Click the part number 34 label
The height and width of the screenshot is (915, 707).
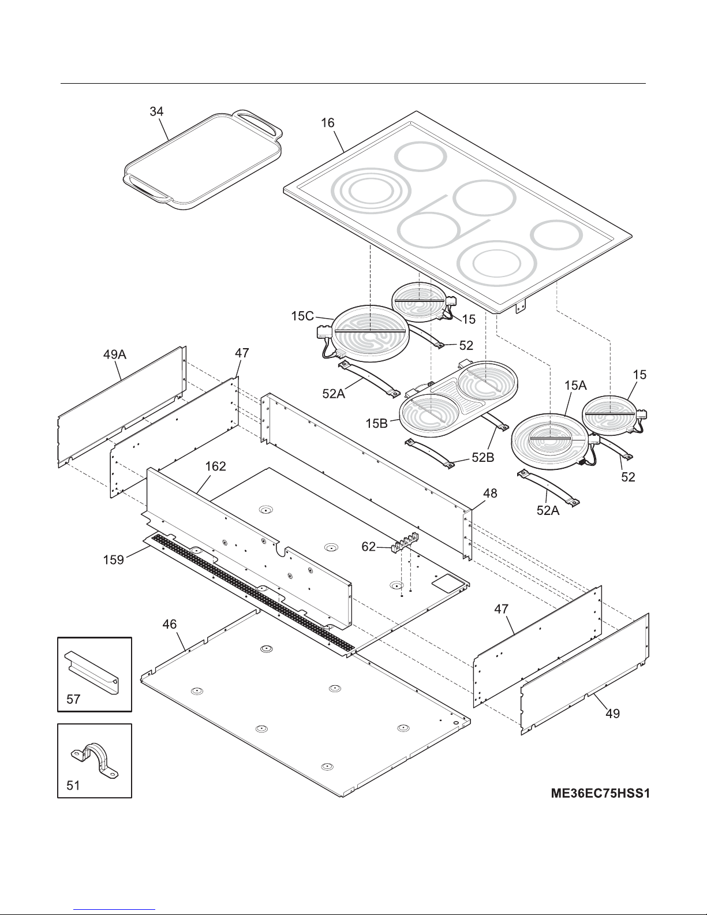pos(156,112)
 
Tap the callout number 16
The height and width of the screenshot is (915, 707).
pos(328,123)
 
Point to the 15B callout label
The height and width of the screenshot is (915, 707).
pos(377,423)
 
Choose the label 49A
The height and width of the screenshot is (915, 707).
pos(114,354)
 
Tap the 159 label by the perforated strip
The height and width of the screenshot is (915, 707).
pos(114,560)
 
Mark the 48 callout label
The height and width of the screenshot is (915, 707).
pos(490,493)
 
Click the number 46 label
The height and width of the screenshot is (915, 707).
pos(170,624)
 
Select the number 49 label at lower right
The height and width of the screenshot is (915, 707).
pos(612,714)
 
